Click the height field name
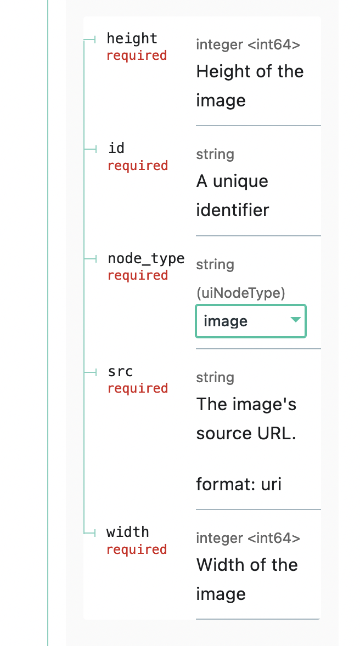pos(132,39)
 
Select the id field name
pos(116,149)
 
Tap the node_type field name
pos(146,259)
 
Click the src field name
pos(120,372)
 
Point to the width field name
pos(128,532)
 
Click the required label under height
pos(137,56)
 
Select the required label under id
pos(137,166)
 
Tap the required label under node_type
pos(137,275)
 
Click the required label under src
pos(137,388)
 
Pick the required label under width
pos(137,549)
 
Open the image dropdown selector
pos(250,321)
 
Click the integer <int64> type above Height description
pos(248,45)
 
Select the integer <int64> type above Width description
pos(248,539)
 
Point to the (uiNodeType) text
pos(240,293)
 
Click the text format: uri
pos(239,484)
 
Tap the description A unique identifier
pos(233,195)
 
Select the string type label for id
pos(215,155)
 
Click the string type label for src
pos(215,377)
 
